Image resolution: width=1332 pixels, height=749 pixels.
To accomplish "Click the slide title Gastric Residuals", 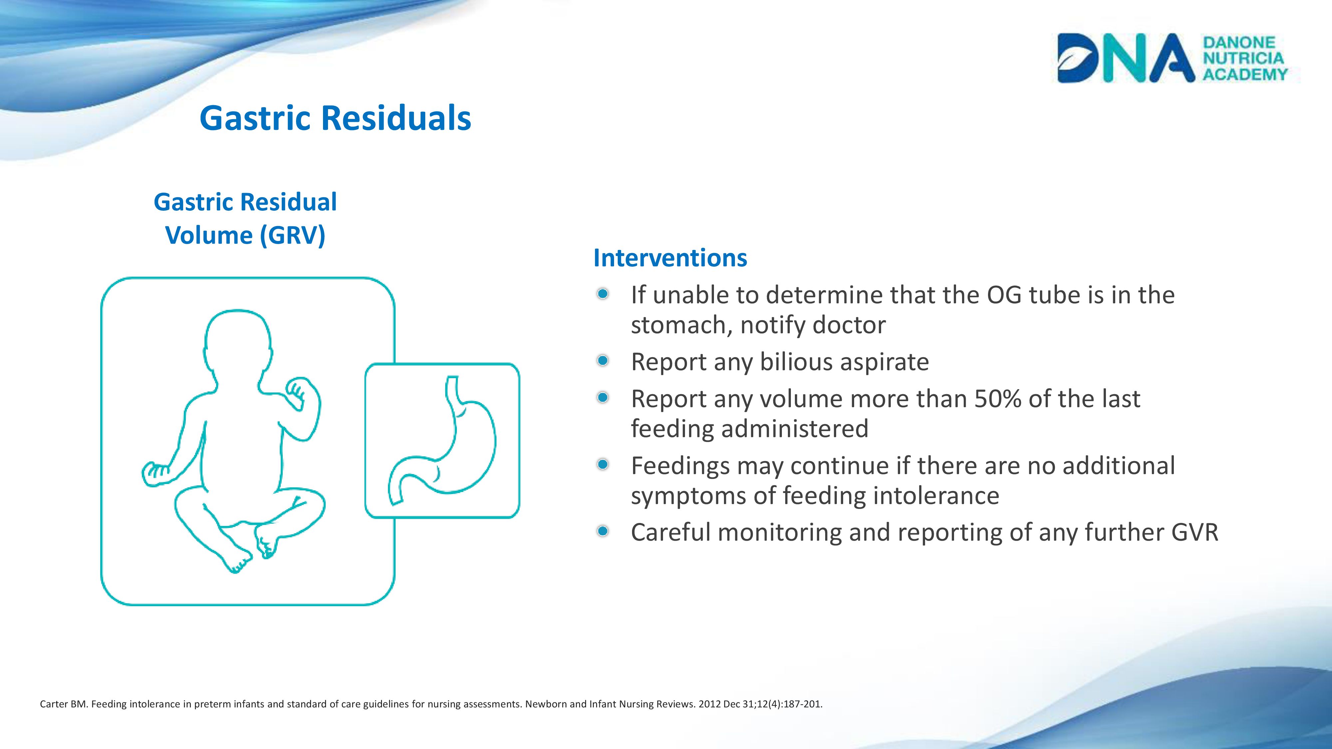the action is tap(335, 118).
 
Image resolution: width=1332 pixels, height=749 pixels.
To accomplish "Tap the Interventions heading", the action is tap(670, 257).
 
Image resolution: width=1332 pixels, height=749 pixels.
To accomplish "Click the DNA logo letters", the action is tap(1126, 58).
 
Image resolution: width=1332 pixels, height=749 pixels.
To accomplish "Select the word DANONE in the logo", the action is tap(1239, 42).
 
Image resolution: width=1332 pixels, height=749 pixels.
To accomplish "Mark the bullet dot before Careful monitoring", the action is tap(602, 531).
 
